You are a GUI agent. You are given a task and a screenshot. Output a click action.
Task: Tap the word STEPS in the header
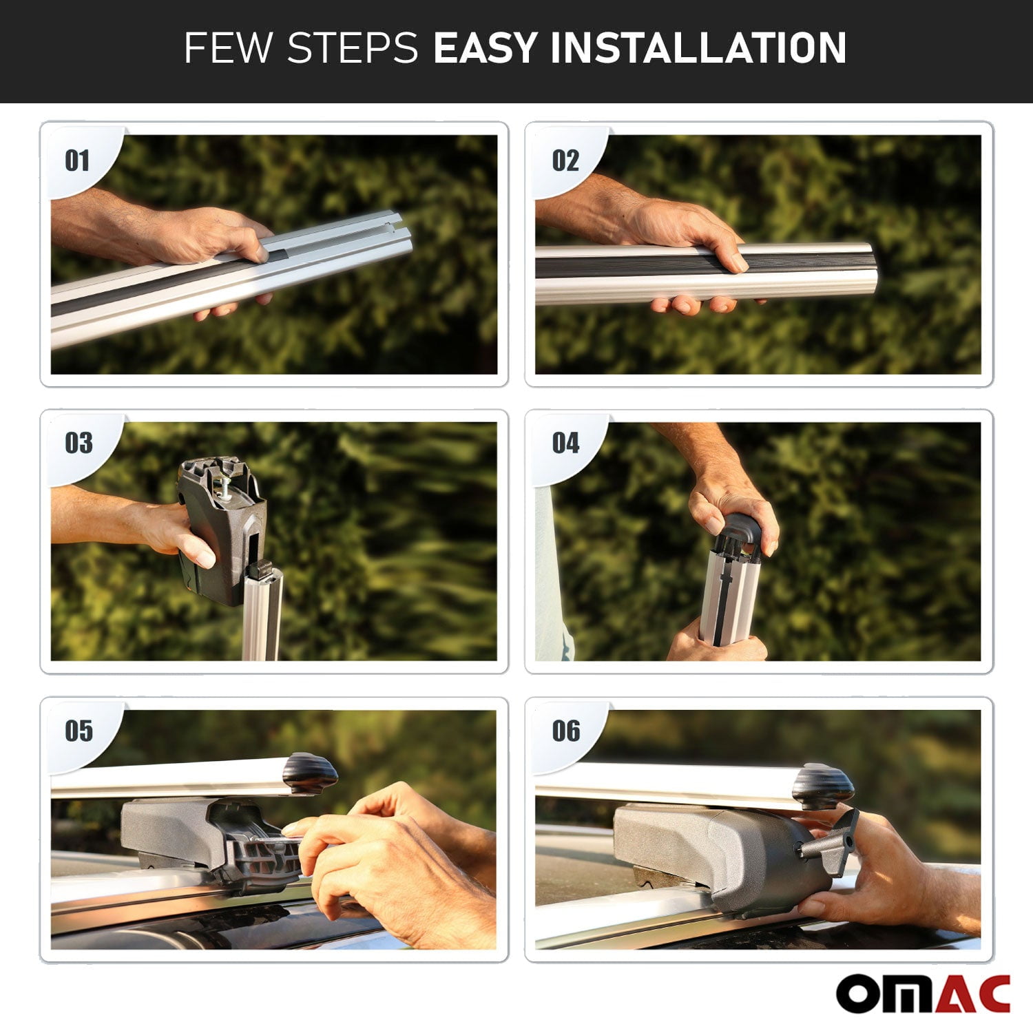[x=353, y=48]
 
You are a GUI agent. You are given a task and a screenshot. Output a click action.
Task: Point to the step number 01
[x=77, y=161]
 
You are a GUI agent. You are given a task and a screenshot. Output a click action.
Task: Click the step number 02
[x=565, y=161]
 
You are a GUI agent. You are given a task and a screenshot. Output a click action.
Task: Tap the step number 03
[x=79, y=443]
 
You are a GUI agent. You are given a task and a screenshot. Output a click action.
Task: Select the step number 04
[x=565, y=443]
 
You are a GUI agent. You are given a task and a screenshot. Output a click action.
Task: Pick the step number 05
[x=79, y=731]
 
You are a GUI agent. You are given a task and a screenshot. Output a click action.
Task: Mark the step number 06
[x=566, y=731]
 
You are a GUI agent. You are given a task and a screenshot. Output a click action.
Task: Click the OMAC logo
[x=923, y=994]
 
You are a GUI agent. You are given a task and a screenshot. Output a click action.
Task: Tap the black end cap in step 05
[x=310, y=773]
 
